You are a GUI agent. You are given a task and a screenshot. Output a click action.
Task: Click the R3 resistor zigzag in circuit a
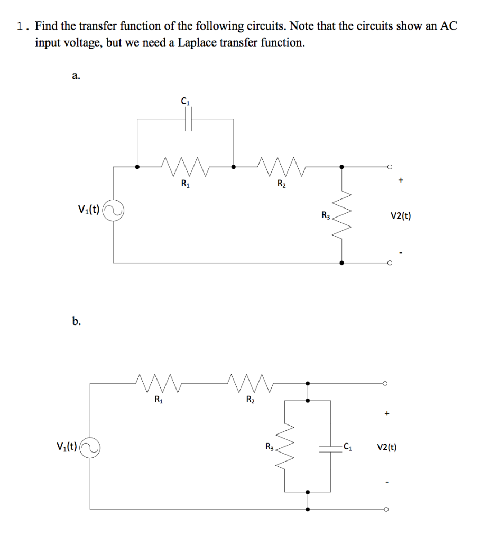pyautogui.click(x=342, y=214)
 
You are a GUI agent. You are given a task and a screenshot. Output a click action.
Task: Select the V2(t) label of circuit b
pyautogui.click(x=387, y=448)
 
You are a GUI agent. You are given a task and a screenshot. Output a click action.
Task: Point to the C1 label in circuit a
pyautogui.click(x=184, y=102)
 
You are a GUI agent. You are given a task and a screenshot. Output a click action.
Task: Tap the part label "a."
pyautogui.click(x=76, y=76)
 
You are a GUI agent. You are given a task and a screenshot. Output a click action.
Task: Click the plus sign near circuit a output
pyautogui.click(x=401, y=181)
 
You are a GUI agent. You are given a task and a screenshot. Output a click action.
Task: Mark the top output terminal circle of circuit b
pyautogui.click(x=386, y=383)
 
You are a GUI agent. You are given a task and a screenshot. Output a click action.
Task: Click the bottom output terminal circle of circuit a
pyautogui.click(x=389, y=263)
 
